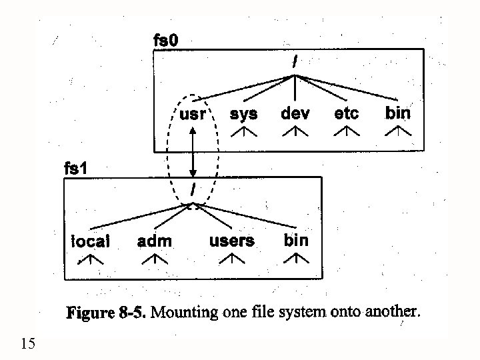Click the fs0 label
(x=165, y=41)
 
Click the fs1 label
(x=75, y=169)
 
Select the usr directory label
(x=193, y=114)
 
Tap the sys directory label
(x=243, y=113)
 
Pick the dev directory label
(x=295, y=113)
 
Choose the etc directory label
(x=346, y=113)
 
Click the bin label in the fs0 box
(x=398, y=113)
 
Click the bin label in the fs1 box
(x=296, y=240)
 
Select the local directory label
(x=91, y=241)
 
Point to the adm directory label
(x=154, y=241)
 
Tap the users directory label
(x=231, y=241)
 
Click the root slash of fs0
(x=295, y=61)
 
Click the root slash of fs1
(x=193, y=190)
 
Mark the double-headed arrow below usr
(x=193, y=152)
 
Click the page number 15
(x=28, y=344)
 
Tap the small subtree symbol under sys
(x=243, y=133)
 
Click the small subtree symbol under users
(x=231, y=260)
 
